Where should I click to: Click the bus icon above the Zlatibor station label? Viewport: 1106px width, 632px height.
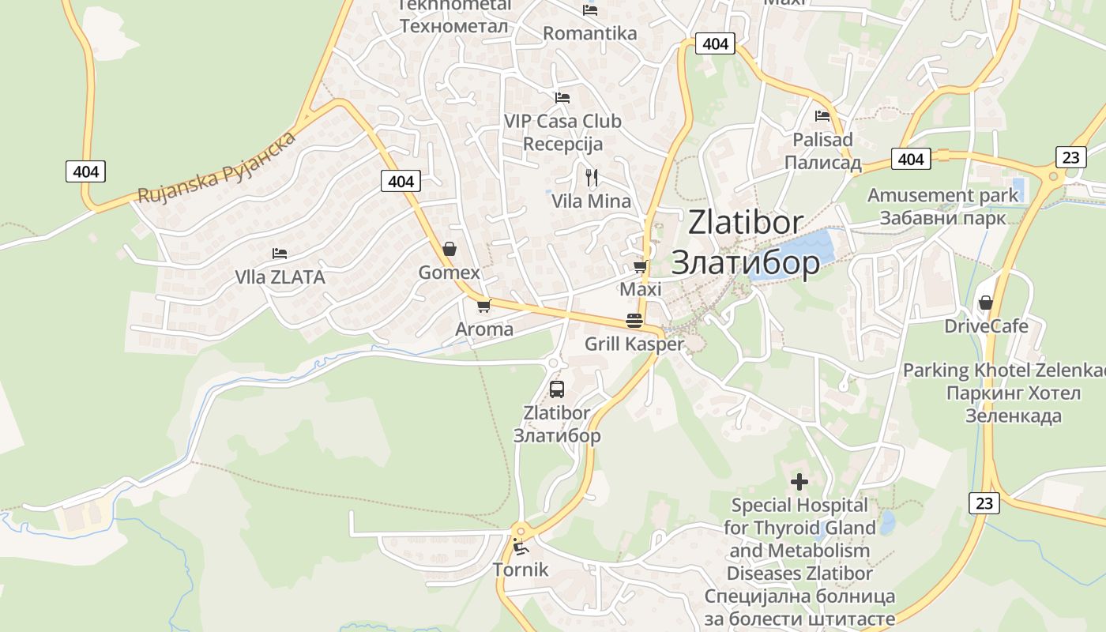(x=557, y=389)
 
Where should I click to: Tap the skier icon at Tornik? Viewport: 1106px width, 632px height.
(x=520, y=546)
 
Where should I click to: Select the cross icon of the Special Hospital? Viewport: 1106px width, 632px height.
(x=799, y=481)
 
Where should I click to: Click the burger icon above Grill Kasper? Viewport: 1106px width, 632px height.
(x=634, y=321)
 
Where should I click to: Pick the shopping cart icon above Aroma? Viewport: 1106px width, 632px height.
(x=483, y=306)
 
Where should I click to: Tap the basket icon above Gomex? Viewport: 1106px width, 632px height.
(x=449, y=250)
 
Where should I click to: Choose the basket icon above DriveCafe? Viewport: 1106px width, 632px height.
(x=985, y=303)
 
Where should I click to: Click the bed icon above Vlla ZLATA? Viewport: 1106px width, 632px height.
(x=280, y=254)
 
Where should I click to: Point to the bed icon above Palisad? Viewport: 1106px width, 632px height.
(x=822, y=116)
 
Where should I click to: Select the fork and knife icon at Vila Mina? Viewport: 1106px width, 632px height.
(x=591, y=177)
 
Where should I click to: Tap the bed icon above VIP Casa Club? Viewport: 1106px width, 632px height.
(x=562, y=98)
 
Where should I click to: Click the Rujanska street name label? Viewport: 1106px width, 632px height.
(x=216, y=167)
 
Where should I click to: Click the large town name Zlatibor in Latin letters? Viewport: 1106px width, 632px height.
(x=746, y=223)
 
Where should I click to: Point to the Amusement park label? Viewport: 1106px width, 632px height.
(x=943, y=195)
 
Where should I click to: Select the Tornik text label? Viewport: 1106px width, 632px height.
(x=520, y=569)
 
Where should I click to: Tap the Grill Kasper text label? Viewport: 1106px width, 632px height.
(x=634, y=344)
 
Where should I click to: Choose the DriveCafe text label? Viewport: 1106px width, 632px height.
(x=987, y=326)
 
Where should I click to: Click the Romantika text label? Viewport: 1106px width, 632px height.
(x=590, y=33)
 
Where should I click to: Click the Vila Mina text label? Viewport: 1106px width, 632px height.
(x=591, y=201)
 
